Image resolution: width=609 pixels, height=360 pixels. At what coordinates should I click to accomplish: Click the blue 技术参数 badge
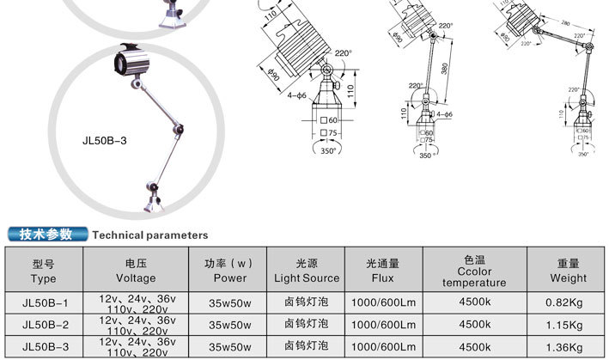tap(47, 234)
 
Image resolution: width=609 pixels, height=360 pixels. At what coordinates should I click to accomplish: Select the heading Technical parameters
tap(150, 235)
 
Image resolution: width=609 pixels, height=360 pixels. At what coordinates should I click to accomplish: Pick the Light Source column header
tap(307, 272)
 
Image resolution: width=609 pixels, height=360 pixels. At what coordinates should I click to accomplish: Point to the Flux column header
tap(383, 272)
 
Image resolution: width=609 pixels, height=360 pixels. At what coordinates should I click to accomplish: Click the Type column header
tap(43, 272)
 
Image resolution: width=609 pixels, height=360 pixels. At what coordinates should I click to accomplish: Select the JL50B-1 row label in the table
tap(44, 302)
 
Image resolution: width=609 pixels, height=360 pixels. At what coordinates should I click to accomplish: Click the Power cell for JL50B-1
tap(229, 302)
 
